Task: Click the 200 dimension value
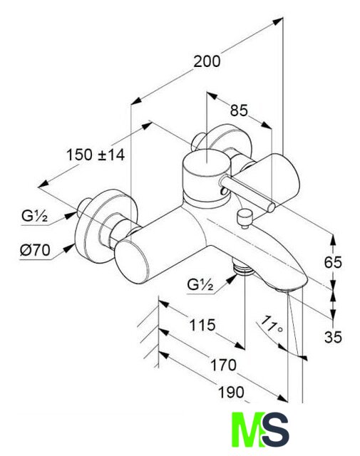[x=207, y=62]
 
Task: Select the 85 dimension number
[x=239, y=110]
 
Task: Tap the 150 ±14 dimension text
[x=96, y=155]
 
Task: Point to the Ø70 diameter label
[x=35, y=250]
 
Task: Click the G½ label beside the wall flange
[x=34, y=217]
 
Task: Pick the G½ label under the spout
[x=200, y=285]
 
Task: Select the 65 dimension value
[x=333, y=263]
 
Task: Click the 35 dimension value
[x=333, y=337]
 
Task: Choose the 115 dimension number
[x=202, y=325]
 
